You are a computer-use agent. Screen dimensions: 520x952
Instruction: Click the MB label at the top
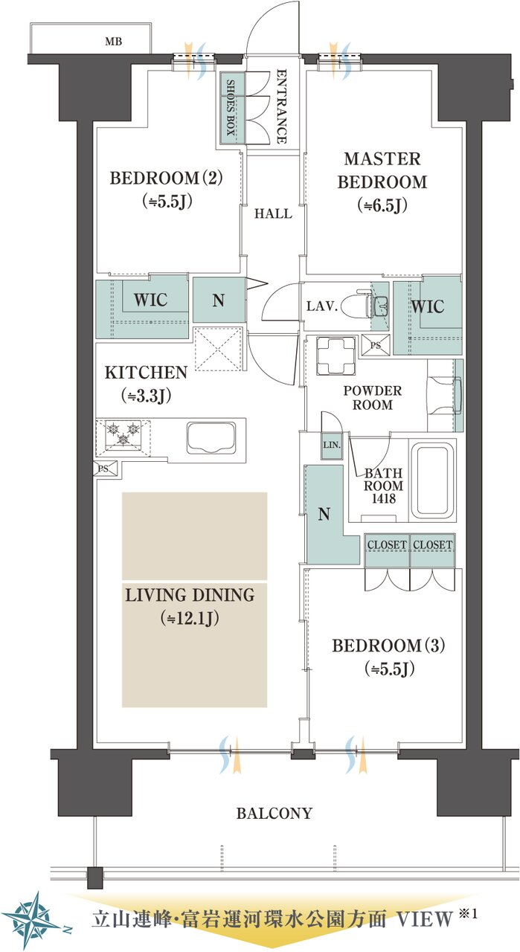coord(114,41)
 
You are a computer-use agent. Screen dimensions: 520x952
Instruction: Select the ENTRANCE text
coord(281,106)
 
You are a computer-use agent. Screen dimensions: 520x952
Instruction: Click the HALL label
coord(273,213)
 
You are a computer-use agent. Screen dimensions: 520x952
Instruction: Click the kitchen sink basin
coord(211,438)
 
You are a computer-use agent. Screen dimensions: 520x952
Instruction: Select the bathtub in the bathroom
coord(432,480)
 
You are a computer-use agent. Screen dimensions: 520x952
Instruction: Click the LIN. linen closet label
coord(332,446)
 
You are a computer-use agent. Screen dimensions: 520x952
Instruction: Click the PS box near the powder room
coord(375,345)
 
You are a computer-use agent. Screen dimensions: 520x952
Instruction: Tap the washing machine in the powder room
coord(336,356)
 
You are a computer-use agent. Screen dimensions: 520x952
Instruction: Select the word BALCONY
coord(275,813)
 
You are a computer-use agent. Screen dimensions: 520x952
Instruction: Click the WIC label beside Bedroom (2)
coord(150,300)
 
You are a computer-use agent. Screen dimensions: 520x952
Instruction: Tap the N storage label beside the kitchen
coord(218,300)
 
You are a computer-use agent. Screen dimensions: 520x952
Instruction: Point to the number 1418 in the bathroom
coord(384,498)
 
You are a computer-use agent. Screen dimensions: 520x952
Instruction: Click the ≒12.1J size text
coord(190,619)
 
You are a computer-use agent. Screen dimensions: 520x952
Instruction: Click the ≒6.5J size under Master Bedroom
coord(382,205)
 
